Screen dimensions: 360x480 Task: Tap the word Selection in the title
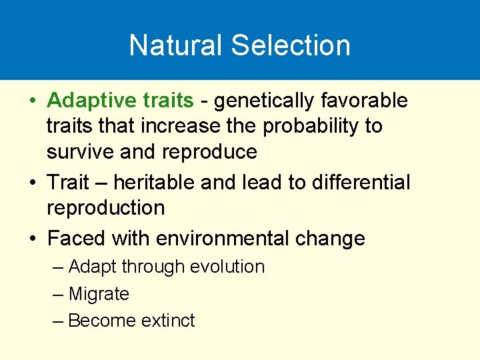pos(291,45)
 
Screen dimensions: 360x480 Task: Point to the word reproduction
pos(105,207)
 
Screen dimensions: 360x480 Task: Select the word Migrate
pos(99,294)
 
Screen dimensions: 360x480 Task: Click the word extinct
pos(168,321)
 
